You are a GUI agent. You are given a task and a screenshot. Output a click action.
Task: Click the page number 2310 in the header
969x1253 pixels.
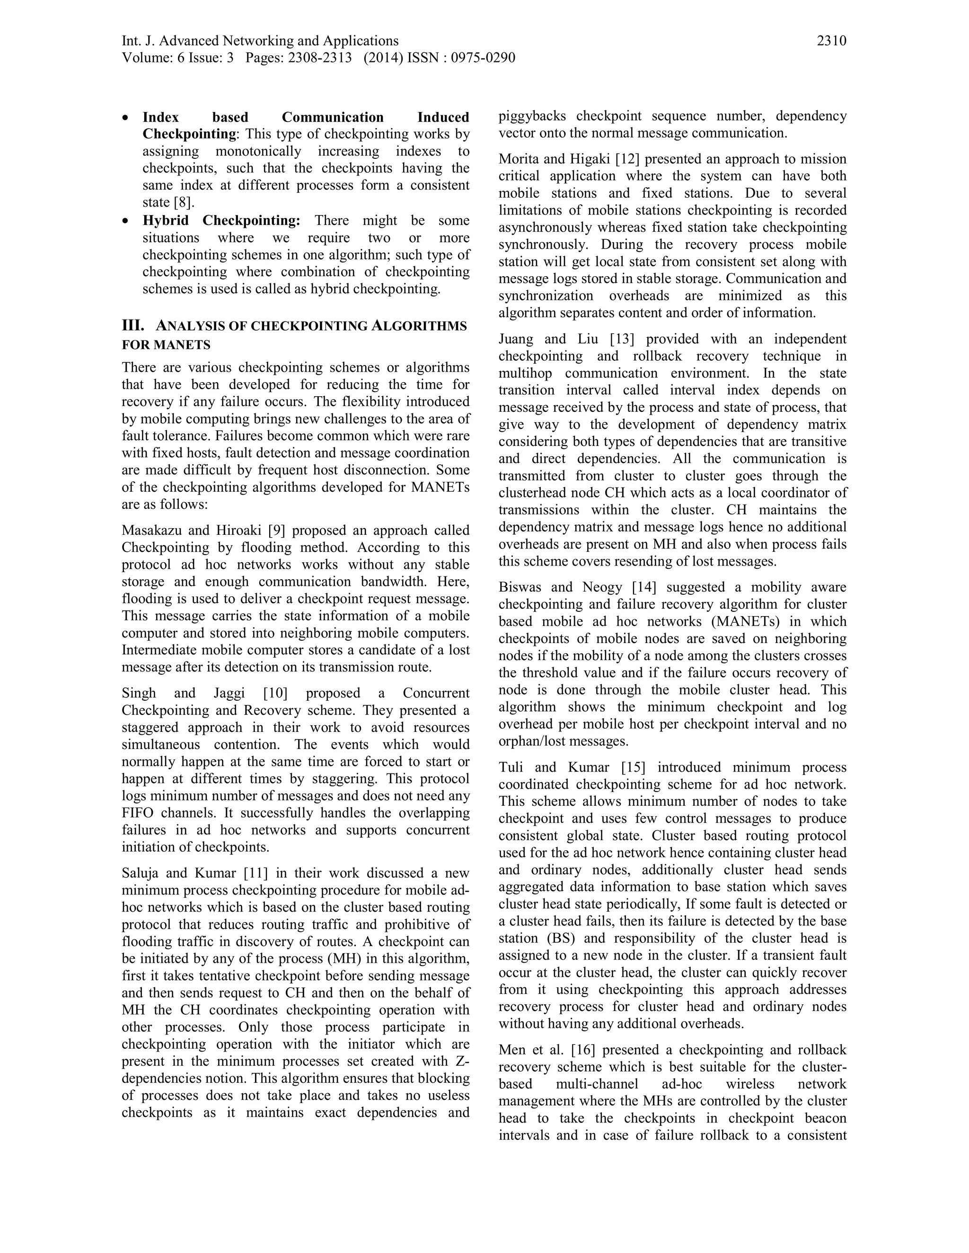pos(831,41)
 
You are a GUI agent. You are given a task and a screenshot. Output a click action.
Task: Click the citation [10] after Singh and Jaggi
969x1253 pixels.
pos(275,693)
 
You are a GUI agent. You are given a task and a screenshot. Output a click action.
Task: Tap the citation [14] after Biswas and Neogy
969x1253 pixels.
pos(644,587)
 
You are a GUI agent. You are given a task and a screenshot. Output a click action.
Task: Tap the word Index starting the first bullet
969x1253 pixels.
pos(161,118)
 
